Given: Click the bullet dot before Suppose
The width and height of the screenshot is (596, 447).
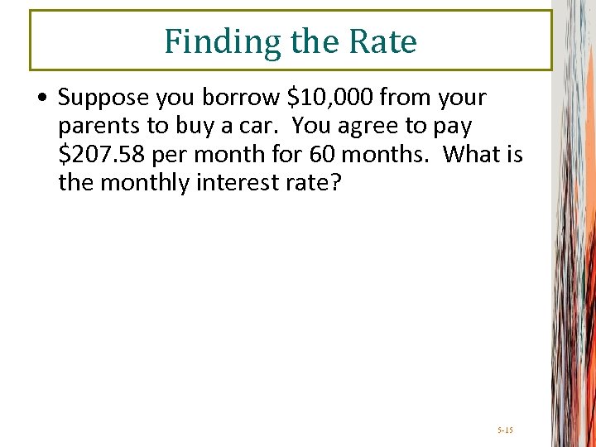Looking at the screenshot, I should [x=42, y=99].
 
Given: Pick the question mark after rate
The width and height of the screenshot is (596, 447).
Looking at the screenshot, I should [x=334, y=182].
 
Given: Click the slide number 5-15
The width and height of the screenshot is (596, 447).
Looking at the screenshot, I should [x=505, y=430].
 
